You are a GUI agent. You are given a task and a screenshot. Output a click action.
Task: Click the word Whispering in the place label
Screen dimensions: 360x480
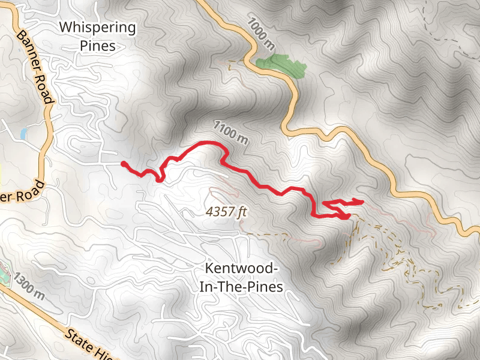pyautogui.click(x=97, y=28)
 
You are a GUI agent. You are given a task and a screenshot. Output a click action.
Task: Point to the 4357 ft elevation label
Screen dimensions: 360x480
pyautogui.click(x=226, y=212)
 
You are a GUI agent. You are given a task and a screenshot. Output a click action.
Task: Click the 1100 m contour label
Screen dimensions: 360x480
pyautogui.click(x=230, y=133)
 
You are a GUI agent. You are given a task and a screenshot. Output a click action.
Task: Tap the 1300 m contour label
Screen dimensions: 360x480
pyautogui.click(x=29, y=287)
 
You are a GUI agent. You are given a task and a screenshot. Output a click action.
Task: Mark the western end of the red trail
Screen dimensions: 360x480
pyautogui.click(x=124, y=163)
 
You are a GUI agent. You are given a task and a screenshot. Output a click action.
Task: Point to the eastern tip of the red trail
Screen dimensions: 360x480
pyautogui.click(x=363, y=201)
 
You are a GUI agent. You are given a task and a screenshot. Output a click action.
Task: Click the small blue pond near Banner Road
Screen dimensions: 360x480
pyautogui.click(x=23, y=133)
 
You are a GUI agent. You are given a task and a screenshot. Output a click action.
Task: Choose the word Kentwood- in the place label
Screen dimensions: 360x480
pyautogui.click(x=241, y=268)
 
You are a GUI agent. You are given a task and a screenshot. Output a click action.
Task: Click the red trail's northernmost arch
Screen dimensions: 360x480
pyautogui.click(x=207, y=142)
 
